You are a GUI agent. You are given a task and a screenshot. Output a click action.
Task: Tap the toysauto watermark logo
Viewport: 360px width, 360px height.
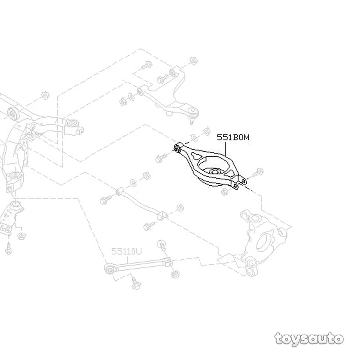[x=309, y=339]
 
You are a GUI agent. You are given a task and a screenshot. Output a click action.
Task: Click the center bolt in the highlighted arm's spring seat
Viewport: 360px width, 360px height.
[x=214, y=172]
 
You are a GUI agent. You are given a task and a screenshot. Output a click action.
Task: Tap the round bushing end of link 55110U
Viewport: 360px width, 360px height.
[x=107, y=268]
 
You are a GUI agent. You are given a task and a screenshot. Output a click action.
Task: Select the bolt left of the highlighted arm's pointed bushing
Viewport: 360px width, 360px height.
[x=161, y=157]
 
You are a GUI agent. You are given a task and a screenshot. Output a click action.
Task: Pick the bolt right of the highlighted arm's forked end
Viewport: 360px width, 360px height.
[x=258, y=174]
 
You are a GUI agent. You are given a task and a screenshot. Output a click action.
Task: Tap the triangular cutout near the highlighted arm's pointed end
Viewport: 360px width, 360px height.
[x=194, y=156]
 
